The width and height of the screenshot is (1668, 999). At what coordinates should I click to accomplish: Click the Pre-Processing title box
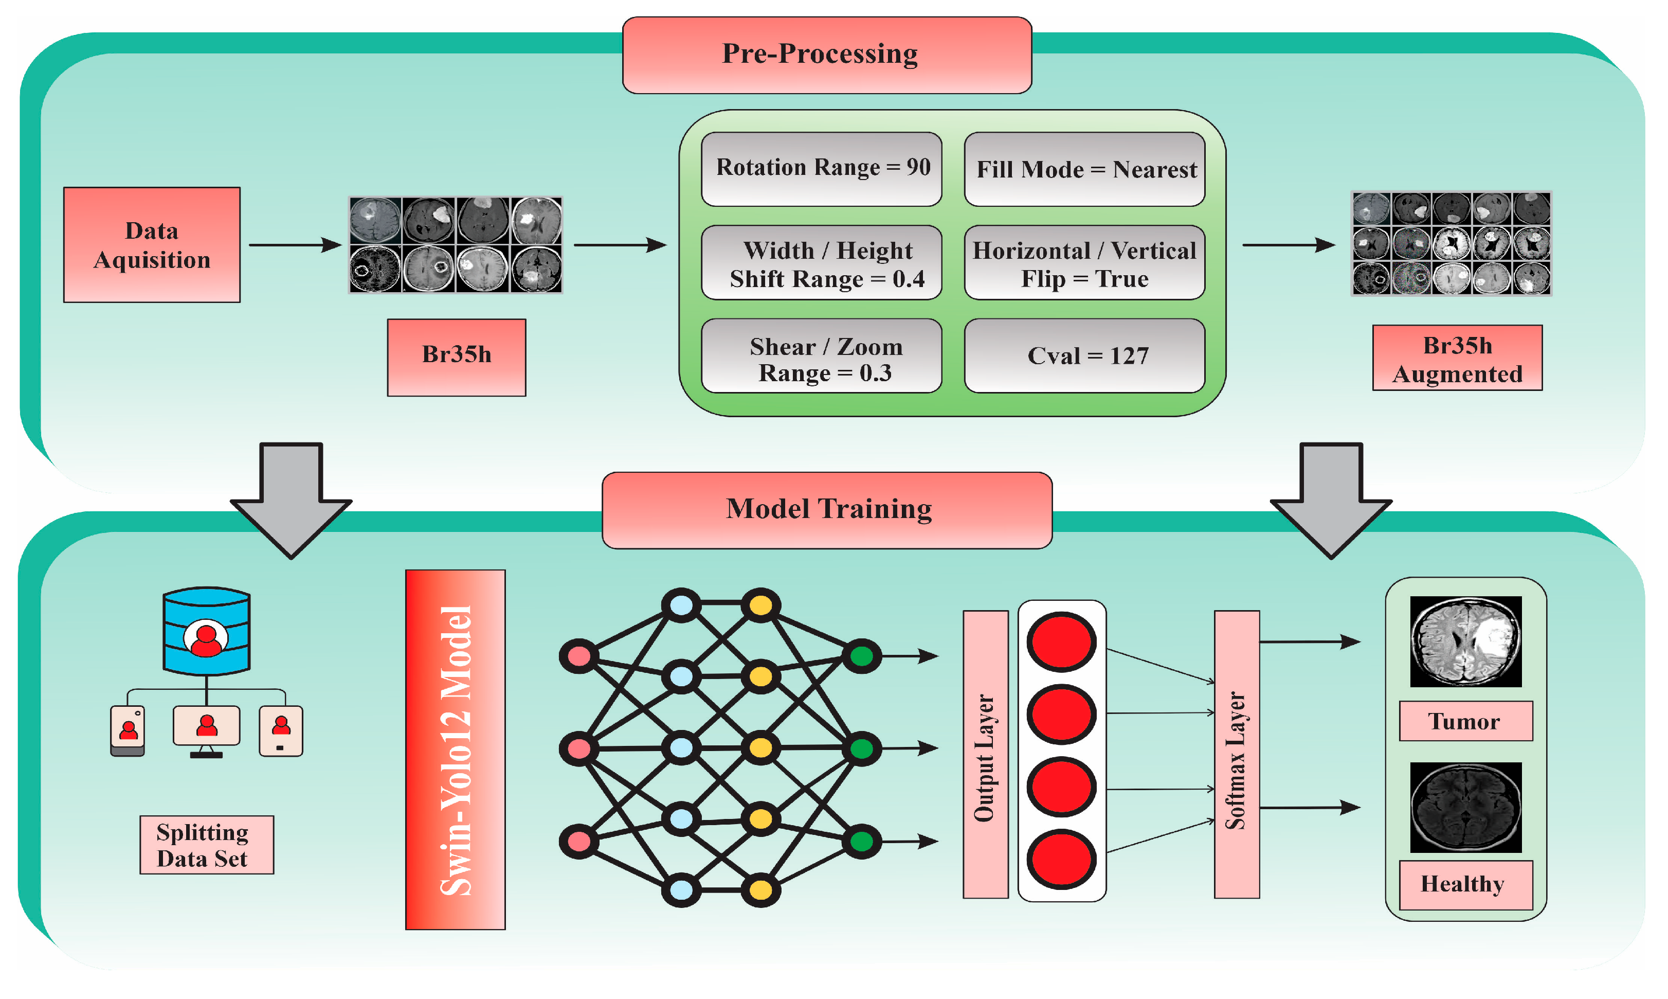(826, 55)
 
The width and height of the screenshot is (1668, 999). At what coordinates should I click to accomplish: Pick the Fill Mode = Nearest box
(1084, 168)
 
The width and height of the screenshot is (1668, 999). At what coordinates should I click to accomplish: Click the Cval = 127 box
(1084, 355)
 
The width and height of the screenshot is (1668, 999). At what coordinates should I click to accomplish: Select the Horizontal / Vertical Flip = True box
(1084, 262)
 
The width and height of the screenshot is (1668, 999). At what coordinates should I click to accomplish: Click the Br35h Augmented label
(1457, 358)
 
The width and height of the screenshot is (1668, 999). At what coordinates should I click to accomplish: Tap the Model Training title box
(826, 510)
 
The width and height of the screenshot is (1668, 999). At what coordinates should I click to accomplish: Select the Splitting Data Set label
(207, 844)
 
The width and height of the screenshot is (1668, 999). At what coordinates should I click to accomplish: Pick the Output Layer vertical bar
(985, 754)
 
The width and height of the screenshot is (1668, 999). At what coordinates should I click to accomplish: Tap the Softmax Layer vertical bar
(1236, 754)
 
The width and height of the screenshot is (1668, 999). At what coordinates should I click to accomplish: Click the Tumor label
(1465, 721)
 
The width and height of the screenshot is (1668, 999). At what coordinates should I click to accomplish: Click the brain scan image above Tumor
(1465, 641)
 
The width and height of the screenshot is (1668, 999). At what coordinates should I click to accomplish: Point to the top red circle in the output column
(1061, 641)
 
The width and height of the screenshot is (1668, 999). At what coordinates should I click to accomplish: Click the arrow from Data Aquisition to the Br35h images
(295, 245)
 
